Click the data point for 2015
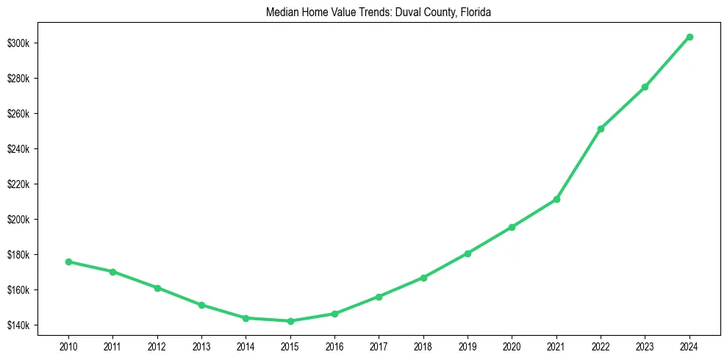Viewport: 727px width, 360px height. click(290, 321)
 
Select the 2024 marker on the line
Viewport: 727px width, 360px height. click(690, 37)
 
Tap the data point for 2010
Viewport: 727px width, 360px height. click(68, 262)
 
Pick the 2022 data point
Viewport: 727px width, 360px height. click(601, 129)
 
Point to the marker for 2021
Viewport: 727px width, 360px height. click(556, 199)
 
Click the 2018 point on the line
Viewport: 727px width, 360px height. click(423, 278)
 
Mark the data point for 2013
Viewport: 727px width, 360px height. click(201, 305)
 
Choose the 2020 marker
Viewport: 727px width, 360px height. click(512, 227)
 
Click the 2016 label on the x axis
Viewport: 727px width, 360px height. click(334, 345)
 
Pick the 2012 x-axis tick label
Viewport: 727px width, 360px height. click(157, 345)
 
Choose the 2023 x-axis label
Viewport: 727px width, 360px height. click(645, 345)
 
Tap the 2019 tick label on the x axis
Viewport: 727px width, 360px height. click(468, 345)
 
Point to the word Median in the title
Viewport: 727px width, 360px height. click(279, 12)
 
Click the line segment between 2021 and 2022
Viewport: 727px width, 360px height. click(579, 164)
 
